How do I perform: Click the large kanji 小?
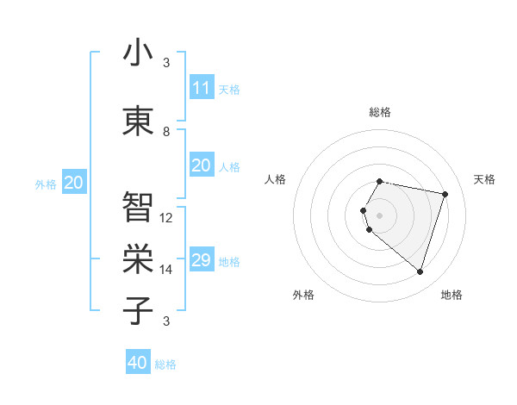point(138,53)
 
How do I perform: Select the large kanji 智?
point(138,207)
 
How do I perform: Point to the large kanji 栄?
point(138,259)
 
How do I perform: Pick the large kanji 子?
point(138,310)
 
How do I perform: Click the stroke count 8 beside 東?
point(166,132)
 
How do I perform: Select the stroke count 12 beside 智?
point(167,218)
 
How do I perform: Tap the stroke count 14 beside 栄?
point(167,270)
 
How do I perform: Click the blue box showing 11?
point(201,88)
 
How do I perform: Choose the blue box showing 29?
point(201,260)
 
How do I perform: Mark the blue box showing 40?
point(138,363)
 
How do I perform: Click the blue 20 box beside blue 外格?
point(74,183)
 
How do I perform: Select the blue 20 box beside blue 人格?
point(201,165)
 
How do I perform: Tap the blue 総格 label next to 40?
point(165,364)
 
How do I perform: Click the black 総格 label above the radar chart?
point(380,112)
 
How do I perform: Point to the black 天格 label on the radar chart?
point(485,179)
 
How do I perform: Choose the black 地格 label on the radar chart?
point(452,295)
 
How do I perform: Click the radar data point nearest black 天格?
point(445,194)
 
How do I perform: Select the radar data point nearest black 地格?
point(420,272)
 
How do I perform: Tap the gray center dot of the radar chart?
point(380,215)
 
